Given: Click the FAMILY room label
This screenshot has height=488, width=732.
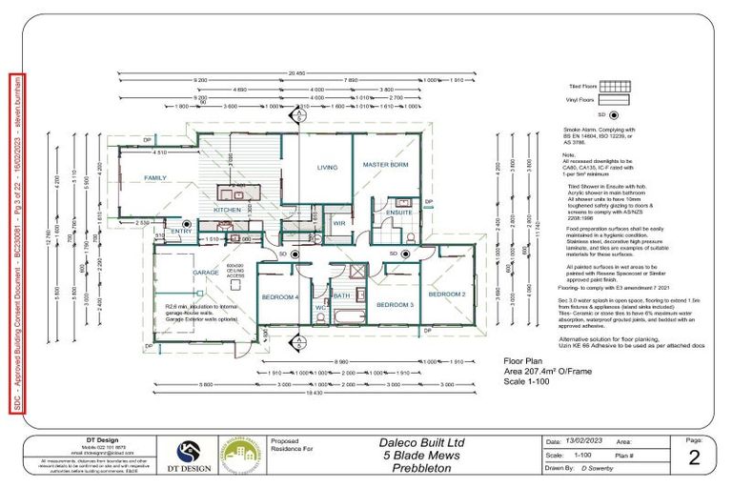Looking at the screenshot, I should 154,178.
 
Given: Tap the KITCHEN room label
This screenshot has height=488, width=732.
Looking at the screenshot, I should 227,209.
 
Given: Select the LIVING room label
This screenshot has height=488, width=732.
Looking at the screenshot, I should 328,168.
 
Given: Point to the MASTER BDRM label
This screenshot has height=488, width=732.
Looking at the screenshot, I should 386,165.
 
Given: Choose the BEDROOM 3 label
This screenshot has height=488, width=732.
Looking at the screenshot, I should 394,304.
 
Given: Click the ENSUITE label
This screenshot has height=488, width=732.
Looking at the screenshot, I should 399,213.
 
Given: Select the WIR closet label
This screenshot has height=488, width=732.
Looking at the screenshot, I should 338,224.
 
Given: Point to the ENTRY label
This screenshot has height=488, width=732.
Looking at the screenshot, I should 181,231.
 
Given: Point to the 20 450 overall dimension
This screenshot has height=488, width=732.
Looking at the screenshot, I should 296,72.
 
